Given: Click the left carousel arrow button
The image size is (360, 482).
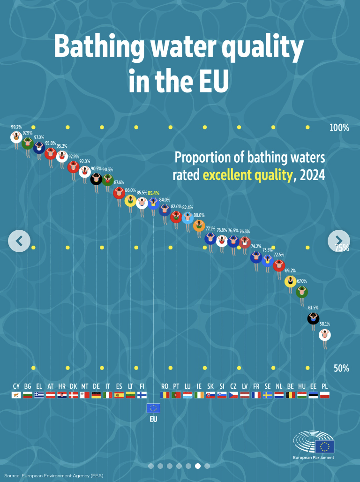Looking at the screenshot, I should [x=19, y=241].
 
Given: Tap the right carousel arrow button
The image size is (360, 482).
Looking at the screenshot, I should [x=338, y=241].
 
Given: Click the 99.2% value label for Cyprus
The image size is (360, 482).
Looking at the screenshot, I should [x=16, y=127].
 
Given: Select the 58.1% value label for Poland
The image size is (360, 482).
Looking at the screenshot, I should [x=325, y=324].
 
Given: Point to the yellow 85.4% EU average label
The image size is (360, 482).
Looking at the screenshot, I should [x=153, y=193].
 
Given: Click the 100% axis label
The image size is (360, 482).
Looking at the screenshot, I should [x=339, y=128].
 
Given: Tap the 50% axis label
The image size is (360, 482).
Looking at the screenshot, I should [x=341, y=369].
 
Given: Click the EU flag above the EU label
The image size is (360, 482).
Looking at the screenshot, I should [x=153, y=408].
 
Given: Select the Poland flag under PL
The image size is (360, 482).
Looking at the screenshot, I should [x=325, y=395].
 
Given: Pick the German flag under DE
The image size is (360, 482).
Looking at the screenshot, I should [x=96, y=395].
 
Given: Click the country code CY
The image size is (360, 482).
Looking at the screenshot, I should [x=16, y=386].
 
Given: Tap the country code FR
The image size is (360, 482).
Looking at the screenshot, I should [x=256, y=386].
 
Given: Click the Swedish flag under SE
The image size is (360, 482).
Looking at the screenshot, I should [x=268, y=395].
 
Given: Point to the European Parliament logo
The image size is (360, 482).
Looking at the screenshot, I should [x=314, y=445].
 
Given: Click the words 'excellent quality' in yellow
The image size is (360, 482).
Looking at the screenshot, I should [x=247, y=175].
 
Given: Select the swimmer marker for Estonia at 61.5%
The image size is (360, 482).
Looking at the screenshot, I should [x=313, y=318].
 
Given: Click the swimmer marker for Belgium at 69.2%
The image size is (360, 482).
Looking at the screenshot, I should [x=291, y=281].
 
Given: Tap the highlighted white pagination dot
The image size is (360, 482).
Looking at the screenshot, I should [x=198, y=466].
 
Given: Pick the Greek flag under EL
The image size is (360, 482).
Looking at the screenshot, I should [x=39, y=395].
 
